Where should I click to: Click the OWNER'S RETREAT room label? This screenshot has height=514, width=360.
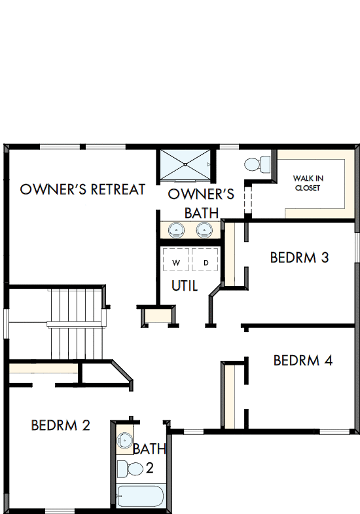pos(82,189)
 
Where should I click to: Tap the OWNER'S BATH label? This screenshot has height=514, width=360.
pos(201,203)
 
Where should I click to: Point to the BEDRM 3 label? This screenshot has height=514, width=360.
pos(299,257)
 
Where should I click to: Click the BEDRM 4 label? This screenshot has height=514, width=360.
pos(303,360)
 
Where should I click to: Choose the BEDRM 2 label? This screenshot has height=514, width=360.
pos(60,426)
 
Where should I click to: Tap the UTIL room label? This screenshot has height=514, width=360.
pos(185,285)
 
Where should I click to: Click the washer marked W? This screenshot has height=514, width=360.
pos(175,263)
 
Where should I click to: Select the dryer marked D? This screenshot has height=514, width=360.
pos(206,263)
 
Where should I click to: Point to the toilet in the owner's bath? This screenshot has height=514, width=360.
pos(256,162)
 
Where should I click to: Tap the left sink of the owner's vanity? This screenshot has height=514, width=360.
pos(175,229)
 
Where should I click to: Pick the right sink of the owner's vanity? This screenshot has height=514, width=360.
pos(205,229)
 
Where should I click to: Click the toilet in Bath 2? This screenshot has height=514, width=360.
pos(131,468)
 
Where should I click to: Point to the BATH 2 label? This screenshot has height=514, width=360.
pos(149,458)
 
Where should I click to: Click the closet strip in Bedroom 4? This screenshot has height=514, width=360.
pos(229,395)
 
